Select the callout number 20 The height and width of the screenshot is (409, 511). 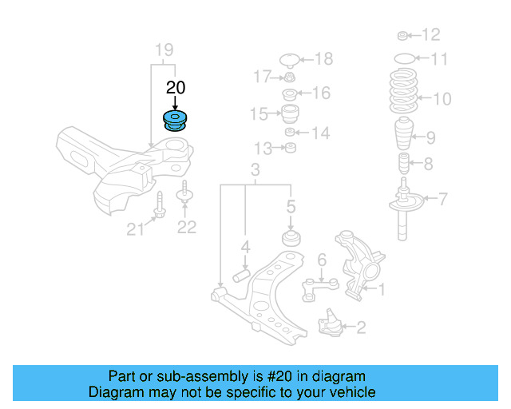[175, 87]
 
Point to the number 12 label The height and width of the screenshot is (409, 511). [430, 35]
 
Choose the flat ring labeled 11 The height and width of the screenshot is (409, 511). [406, 58]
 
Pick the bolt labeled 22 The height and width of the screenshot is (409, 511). [184, 194]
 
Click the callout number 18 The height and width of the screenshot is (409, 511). [323, 58]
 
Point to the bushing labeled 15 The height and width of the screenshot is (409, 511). [290, 113]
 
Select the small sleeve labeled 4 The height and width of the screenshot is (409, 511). [242, 276]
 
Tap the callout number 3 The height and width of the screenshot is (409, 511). [255, 170]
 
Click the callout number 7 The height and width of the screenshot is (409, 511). [443, 199]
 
